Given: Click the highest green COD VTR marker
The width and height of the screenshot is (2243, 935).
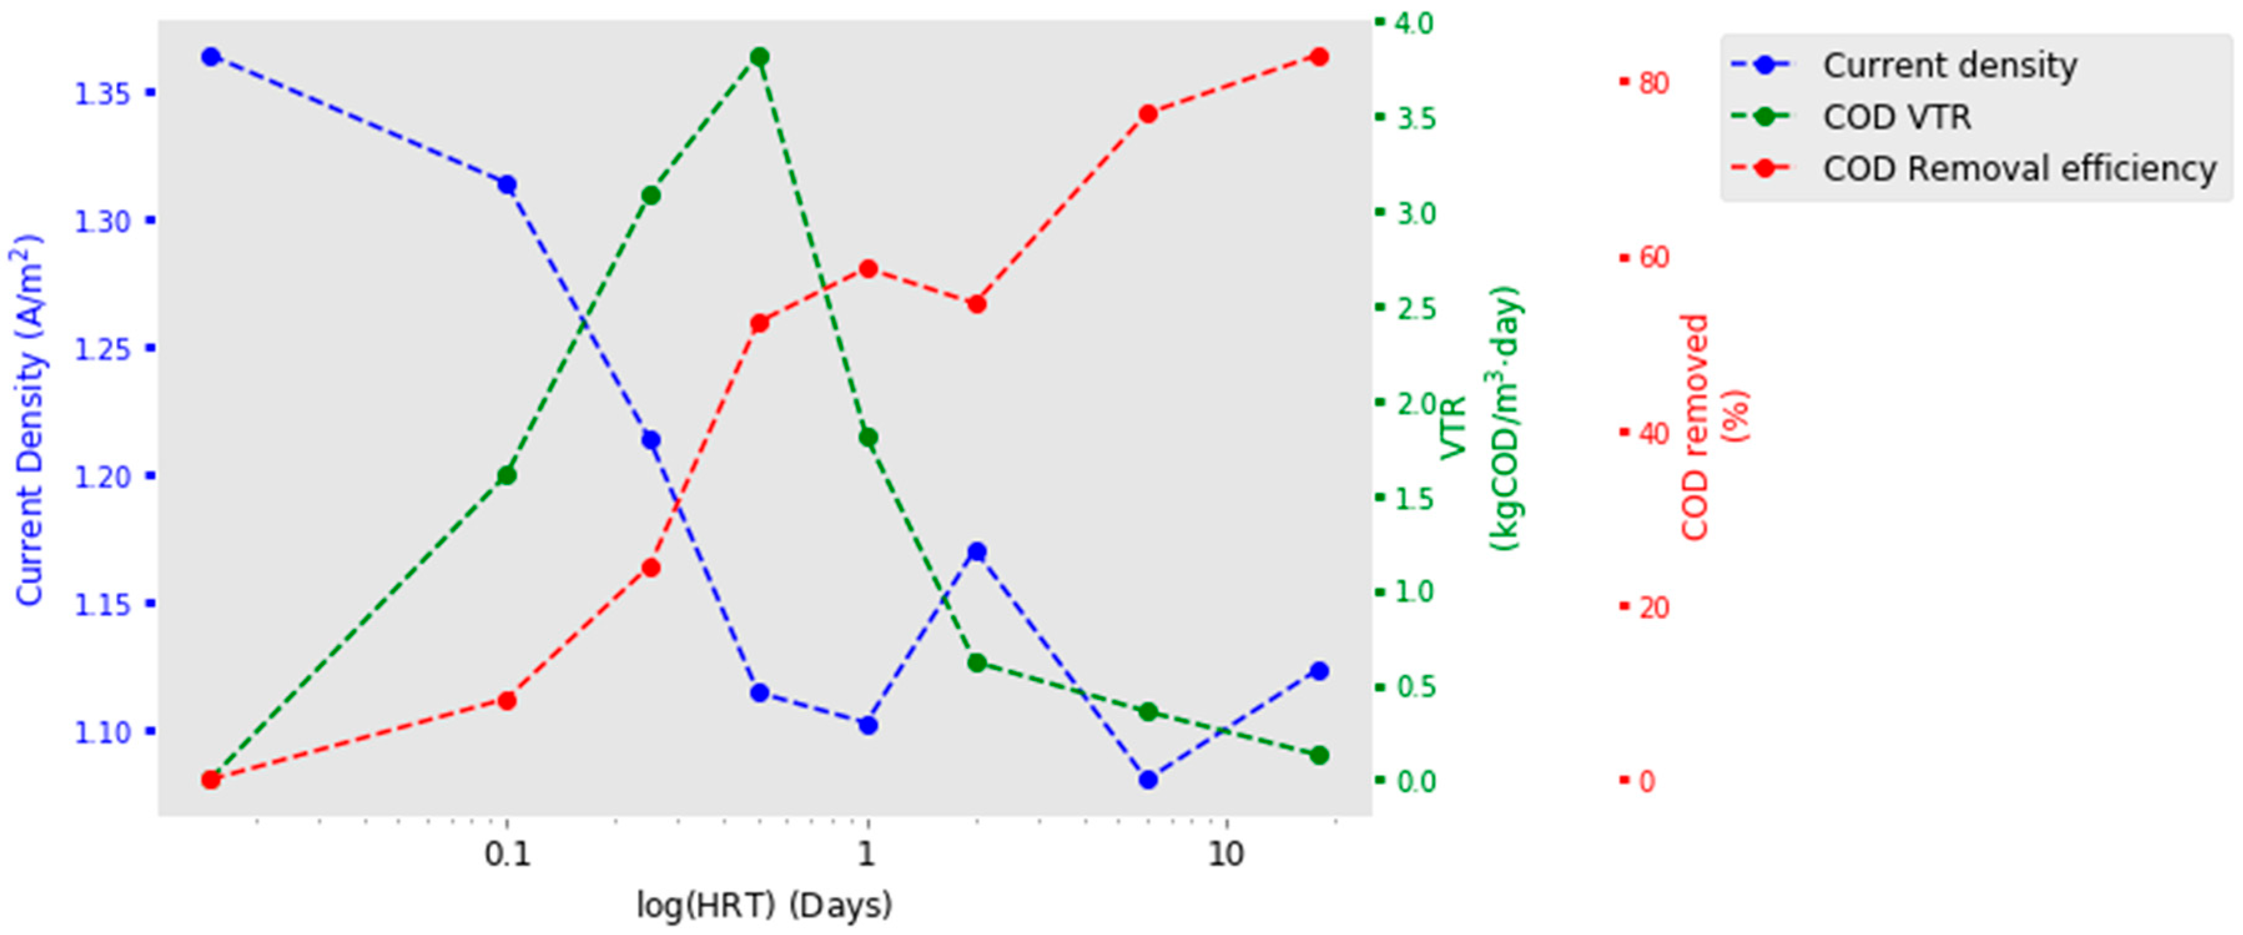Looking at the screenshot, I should (x=759, y=57).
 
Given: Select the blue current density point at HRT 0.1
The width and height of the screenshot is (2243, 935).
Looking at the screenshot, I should (x=506, y=185).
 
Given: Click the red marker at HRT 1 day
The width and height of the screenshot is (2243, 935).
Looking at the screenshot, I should (x=867, y=269).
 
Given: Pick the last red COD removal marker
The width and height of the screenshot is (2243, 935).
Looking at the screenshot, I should (x=1319, y=57).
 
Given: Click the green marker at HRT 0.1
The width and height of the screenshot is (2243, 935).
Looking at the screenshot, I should (x=506, y=475).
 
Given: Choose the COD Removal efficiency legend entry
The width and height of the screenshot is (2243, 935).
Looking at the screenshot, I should (x=2018, y=168).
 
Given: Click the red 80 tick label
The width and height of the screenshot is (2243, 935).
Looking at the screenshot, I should (x=1653, y=84).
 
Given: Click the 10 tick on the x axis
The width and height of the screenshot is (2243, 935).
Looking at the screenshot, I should (x=1226, y=856).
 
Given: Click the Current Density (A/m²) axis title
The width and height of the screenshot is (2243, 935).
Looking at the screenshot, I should (x=29, y=420).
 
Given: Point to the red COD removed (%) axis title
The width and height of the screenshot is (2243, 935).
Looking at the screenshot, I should (x=1712, y=427).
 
